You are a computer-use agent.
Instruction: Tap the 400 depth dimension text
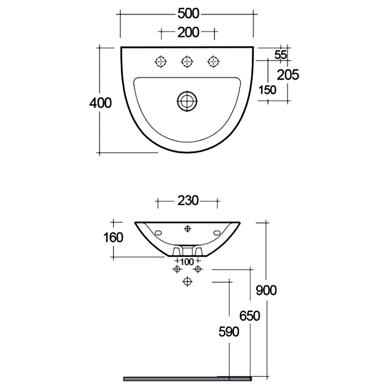coord(100,103)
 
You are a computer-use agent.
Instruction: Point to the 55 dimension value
coord(280,55)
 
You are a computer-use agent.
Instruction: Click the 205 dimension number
coord(288,74)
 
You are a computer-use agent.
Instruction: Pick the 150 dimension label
coord(267,89)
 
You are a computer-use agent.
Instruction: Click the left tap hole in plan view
coord(161,61)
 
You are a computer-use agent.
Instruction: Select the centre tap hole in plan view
coord(187,61)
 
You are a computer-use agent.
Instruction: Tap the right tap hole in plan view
coord(213,61)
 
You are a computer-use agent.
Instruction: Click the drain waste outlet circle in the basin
coord(187,100)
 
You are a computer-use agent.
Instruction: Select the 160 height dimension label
coord(113,238)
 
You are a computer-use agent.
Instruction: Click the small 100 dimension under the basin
coord(187,262)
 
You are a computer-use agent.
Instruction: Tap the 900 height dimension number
coord(266,290)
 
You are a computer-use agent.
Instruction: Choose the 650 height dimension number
coord(250,316)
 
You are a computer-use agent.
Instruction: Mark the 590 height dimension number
coord(229,332)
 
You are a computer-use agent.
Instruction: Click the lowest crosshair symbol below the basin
coord(187,281)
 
